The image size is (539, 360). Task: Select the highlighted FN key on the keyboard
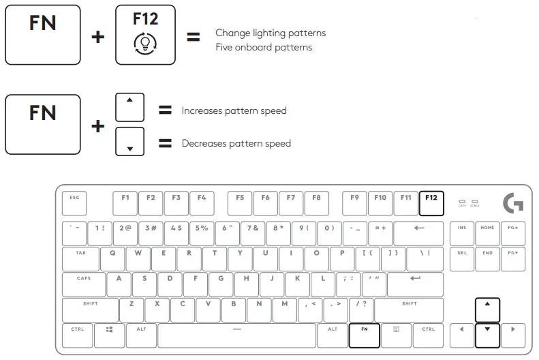pos(364,335)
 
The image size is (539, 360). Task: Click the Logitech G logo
pos(512,202)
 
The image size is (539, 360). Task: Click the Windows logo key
pos(109,335)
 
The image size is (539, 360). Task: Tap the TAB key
pos(81,258)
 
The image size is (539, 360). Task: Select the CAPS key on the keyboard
pos(84,284)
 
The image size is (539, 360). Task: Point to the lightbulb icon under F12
pos(145,44)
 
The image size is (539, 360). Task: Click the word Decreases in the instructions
pos(204,143)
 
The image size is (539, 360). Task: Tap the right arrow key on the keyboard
pos(512,335)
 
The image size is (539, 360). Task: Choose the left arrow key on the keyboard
pos(461,335)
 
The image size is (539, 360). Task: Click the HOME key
pos(487,233)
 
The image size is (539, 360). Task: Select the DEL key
pos(462,258)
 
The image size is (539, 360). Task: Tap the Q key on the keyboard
pos(112,258)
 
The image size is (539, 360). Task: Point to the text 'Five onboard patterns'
pos(264,48)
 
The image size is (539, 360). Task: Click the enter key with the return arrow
pos(415,284)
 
